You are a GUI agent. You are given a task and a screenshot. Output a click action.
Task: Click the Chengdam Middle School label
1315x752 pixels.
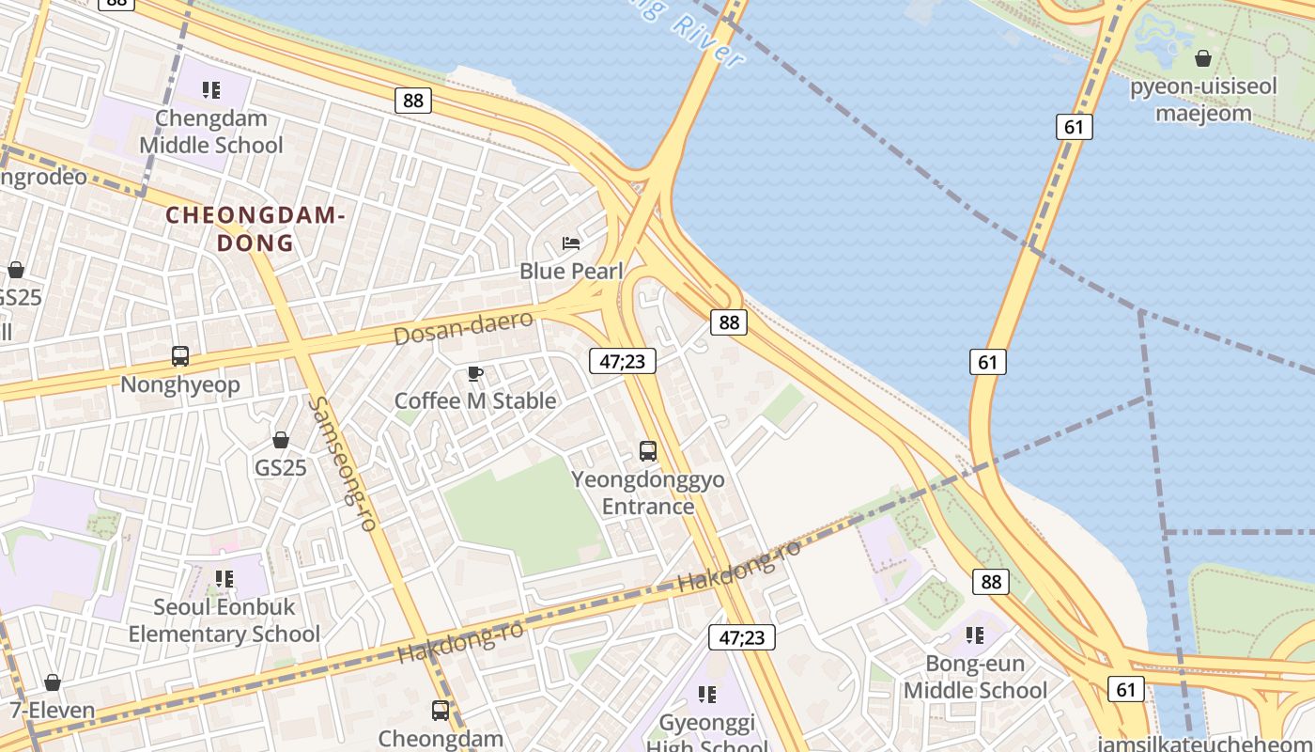(210, 132)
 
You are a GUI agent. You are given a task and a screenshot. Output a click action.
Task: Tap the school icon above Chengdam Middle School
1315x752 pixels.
(211, 90)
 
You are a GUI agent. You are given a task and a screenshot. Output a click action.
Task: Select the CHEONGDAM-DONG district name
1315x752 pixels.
(255, 228)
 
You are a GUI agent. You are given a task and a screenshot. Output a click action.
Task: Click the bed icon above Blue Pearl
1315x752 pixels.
(571, 243)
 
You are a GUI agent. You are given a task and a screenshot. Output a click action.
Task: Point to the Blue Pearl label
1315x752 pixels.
(571, 271)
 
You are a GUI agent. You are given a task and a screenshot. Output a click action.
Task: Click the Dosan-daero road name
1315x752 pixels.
(463, 327)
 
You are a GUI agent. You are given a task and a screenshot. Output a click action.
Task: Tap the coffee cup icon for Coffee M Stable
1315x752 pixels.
(475, 374)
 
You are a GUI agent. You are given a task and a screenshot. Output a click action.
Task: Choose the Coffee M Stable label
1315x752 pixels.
(475, 400)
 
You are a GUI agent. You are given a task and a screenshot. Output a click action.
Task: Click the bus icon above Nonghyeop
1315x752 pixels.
(180, 356)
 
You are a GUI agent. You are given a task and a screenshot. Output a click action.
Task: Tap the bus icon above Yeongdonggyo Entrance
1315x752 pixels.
(648, 450)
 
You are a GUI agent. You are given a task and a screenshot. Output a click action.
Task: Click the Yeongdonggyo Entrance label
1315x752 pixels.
(648, 493)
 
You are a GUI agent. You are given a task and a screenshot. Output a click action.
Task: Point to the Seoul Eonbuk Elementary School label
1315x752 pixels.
(224, 620)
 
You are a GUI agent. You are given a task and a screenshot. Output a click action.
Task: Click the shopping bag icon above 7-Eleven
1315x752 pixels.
(53, 682)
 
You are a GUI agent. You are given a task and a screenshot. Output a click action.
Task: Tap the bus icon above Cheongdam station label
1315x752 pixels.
(441, 710)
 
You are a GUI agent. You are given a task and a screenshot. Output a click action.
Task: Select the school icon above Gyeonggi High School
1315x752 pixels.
(707, 695)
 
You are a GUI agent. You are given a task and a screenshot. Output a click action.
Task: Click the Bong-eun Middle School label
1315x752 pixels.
(975, 677)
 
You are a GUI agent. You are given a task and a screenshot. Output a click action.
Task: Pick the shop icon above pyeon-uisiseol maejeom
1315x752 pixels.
(1203, 59)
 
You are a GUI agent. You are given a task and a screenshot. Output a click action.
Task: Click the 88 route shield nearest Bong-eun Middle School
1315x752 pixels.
(991, 582)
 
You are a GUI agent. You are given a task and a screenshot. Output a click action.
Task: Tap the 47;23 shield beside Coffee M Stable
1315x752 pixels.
(623, 361)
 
